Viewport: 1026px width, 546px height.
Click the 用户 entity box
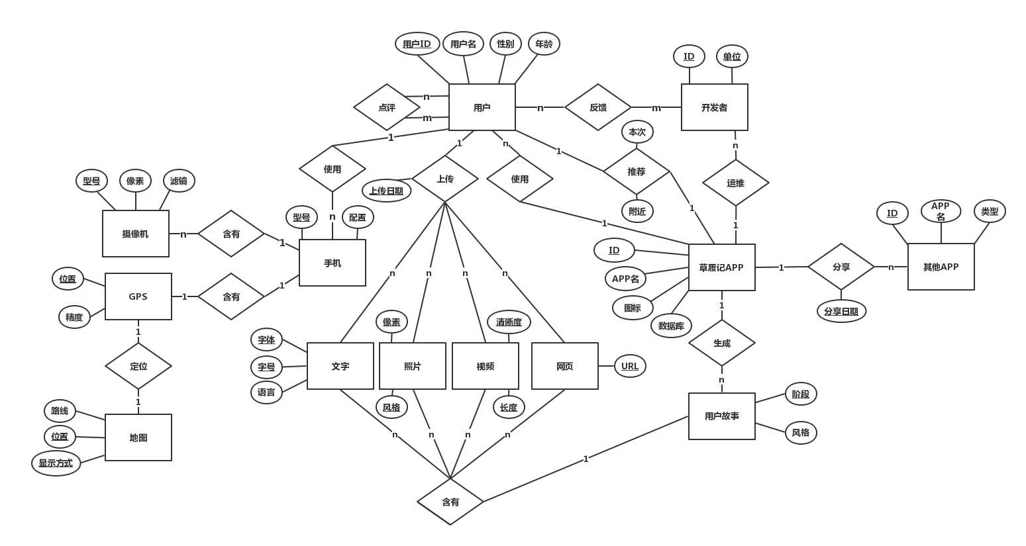coord(482,107)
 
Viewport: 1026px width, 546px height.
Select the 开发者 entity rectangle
coord(714,107)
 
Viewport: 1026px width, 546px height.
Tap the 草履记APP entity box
coord(721,267)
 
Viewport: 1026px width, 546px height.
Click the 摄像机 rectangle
coord(136,234)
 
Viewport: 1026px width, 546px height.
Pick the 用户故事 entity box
coord(721,416)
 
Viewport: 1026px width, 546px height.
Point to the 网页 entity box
coord(564,366)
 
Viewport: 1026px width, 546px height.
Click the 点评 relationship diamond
coord(387,107)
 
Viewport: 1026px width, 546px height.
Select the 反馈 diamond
coord(597,107)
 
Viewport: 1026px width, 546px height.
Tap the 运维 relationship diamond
coord(735,183)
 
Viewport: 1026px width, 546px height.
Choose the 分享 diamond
coord(841,267)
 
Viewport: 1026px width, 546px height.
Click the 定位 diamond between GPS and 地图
coord(138,366)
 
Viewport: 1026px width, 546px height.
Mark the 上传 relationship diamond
coord(445,179)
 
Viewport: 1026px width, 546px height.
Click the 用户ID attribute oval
coord(417,44)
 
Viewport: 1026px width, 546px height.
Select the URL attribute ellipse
coord(630,366)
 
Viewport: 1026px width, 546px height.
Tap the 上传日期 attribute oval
coord(386,191)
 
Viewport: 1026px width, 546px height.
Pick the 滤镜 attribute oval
coord(179,181)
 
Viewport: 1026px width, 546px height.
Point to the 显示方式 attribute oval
coord(56,463)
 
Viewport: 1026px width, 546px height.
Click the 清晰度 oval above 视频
coord(509,322)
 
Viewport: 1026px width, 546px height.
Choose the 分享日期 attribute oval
coord(841,311)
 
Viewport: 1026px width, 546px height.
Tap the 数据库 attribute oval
coord(671,326)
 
